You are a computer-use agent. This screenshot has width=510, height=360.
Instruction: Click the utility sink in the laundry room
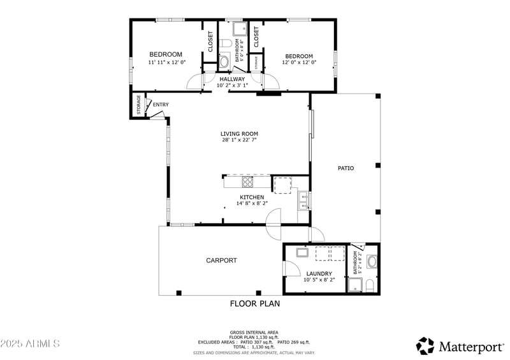tap(302, 253)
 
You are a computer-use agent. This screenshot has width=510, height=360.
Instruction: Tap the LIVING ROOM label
tap(239, 134)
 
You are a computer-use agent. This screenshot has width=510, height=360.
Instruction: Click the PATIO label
tap(346, 168)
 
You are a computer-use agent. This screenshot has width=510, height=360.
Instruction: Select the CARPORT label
tap(221, 260)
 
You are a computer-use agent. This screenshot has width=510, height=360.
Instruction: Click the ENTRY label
tap(161, 104)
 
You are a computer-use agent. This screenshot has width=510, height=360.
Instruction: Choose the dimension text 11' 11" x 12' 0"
tap(166, 62)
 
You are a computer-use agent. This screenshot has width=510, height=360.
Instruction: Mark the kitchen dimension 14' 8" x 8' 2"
tap(252, 204)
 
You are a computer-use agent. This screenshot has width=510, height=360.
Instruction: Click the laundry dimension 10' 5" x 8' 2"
tap(319, 279)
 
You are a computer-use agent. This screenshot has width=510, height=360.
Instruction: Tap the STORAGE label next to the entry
tap(138, 106)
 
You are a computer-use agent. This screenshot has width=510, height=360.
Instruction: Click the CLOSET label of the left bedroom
tap(210, 41)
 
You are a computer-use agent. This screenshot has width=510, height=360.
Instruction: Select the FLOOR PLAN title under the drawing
tap(254, 304)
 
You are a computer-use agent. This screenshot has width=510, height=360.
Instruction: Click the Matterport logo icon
tap(425, 346)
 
